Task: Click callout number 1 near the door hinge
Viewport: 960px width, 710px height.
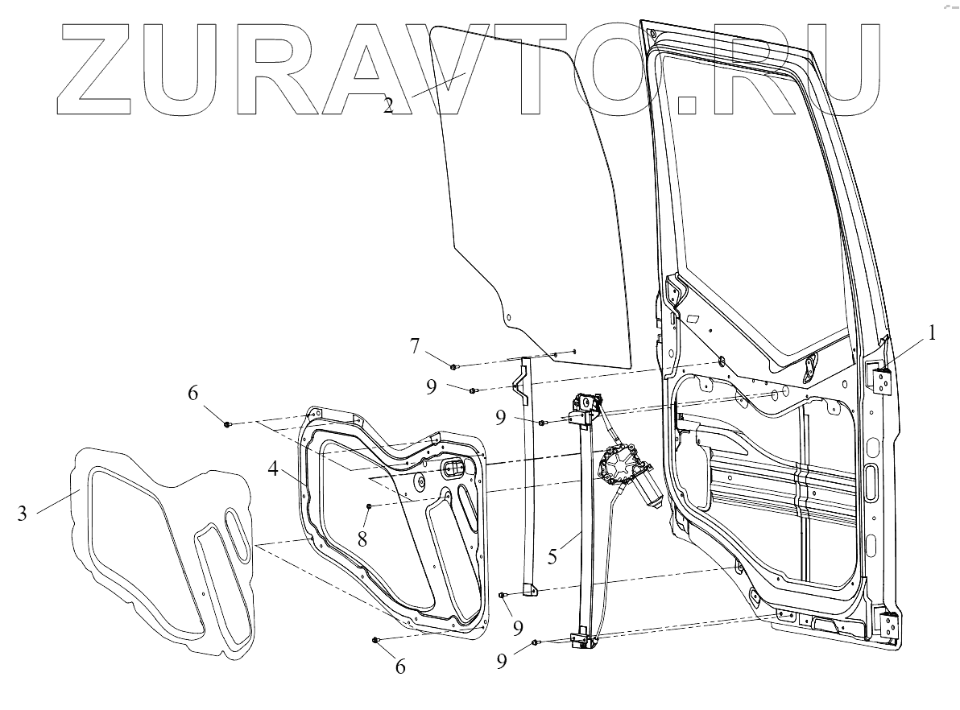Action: point(932,332)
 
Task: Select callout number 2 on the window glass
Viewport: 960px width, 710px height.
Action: point(388,105)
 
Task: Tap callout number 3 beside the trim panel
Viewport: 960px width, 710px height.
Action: point(22,512)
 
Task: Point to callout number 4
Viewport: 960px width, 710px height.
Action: point(275,469)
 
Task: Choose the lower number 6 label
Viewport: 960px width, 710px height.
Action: point(399,666)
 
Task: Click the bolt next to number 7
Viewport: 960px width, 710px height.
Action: point(454,367)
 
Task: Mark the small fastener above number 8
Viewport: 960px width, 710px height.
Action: point(369,506)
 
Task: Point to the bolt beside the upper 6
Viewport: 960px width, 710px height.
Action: point(228,423)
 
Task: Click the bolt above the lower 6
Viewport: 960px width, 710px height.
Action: point(375,640)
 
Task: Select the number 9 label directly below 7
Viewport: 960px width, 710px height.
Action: point(432,386)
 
